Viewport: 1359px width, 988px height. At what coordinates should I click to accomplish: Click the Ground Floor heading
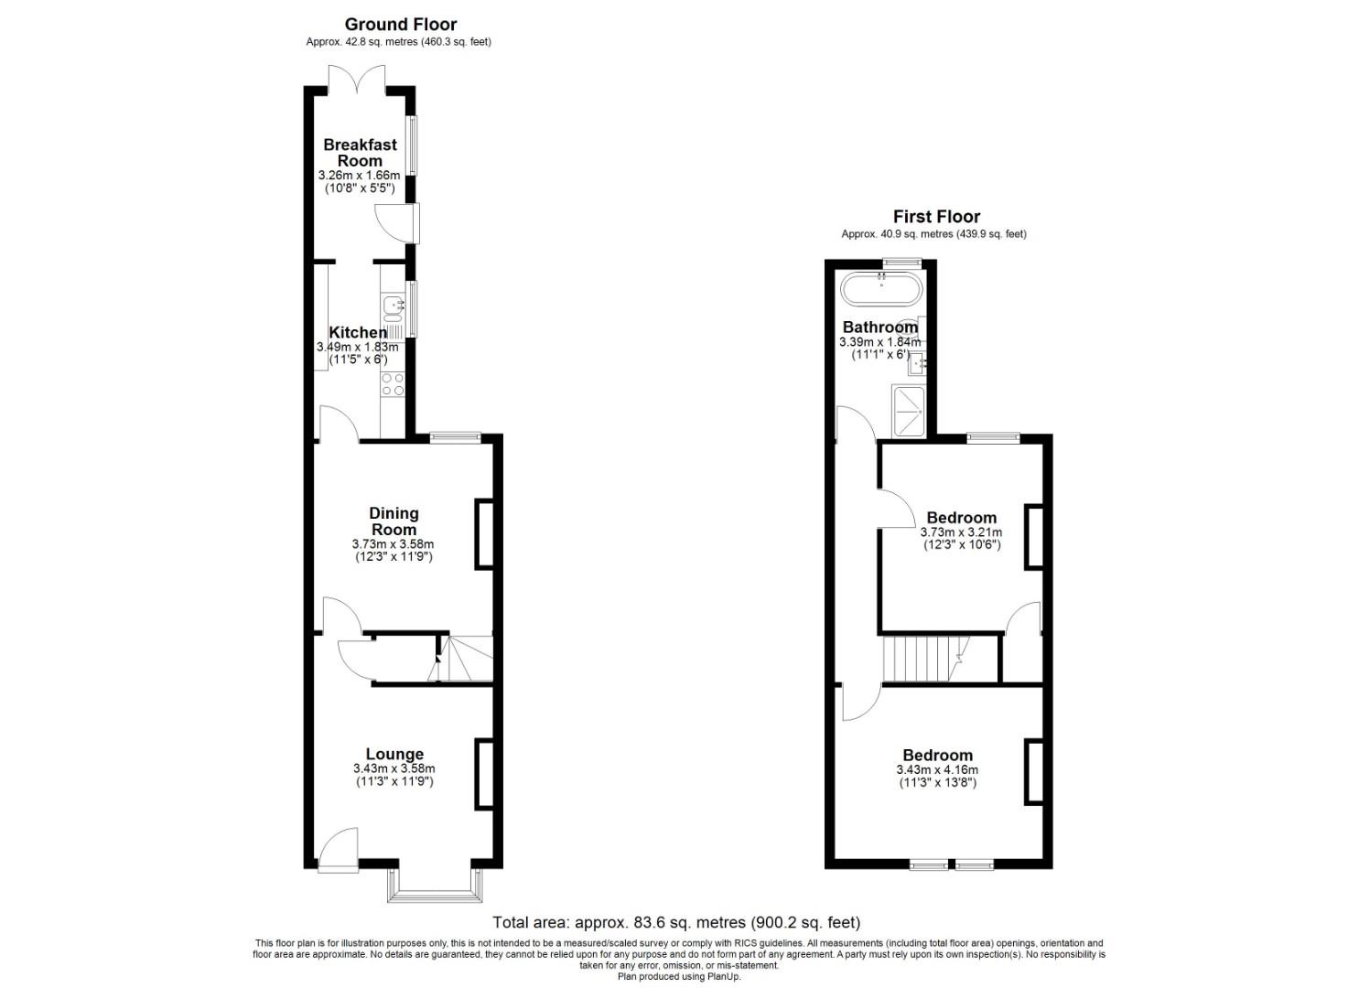(400, 25)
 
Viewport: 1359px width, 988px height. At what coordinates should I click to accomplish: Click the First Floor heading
(936, 217)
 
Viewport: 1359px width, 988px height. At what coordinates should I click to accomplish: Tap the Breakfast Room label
(360, 152)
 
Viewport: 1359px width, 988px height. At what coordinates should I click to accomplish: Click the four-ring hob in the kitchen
(394, 384)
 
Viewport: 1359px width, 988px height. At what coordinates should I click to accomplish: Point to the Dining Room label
(394, 521)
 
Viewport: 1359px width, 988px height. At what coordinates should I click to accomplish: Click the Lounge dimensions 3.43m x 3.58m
(394, 768)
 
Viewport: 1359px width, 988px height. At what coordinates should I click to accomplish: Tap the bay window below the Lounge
(435, 885)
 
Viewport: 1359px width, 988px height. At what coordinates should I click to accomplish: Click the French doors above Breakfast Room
(359, 78)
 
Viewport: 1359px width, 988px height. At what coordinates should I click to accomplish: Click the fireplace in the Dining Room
(483, 534)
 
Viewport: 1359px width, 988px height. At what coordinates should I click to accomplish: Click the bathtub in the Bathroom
(882, 289)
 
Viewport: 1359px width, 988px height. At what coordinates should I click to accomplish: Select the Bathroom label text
(879, 328)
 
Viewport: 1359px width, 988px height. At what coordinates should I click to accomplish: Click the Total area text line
(676, 922)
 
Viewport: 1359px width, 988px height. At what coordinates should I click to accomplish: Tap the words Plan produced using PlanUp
(679, 976)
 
